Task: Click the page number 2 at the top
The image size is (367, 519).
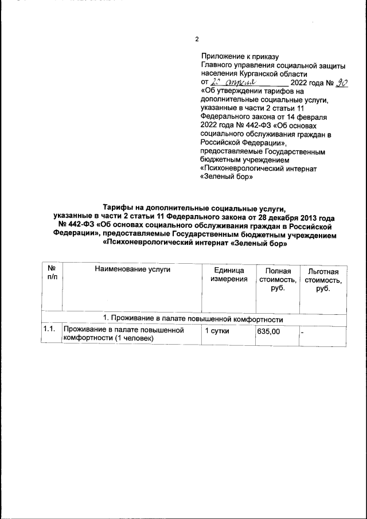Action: coord(197,40)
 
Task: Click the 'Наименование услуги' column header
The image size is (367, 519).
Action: coord(133,270)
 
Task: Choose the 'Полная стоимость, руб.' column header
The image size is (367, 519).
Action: coord(278,279)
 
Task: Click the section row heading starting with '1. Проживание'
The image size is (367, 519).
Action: coord(193,318)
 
